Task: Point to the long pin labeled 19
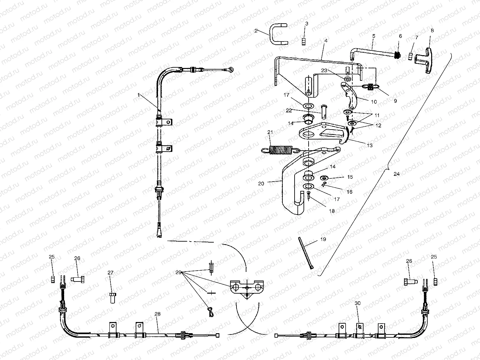point(306,252)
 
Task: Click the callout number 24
point(396,174)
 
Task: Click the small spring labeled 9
point(371,86)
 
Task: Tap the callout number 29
point(178,272)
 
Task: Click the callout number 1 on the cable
point(139,95)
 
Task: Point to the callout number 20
point(261,184)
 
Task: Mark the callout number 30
point(357,303)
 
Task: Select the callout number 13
point(370,145)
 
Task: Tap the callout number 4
point(326,41)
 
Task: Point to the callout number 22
point(289,110)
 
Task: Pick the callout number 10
point(374,102)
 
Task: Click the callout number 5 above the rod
point(373,36)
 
